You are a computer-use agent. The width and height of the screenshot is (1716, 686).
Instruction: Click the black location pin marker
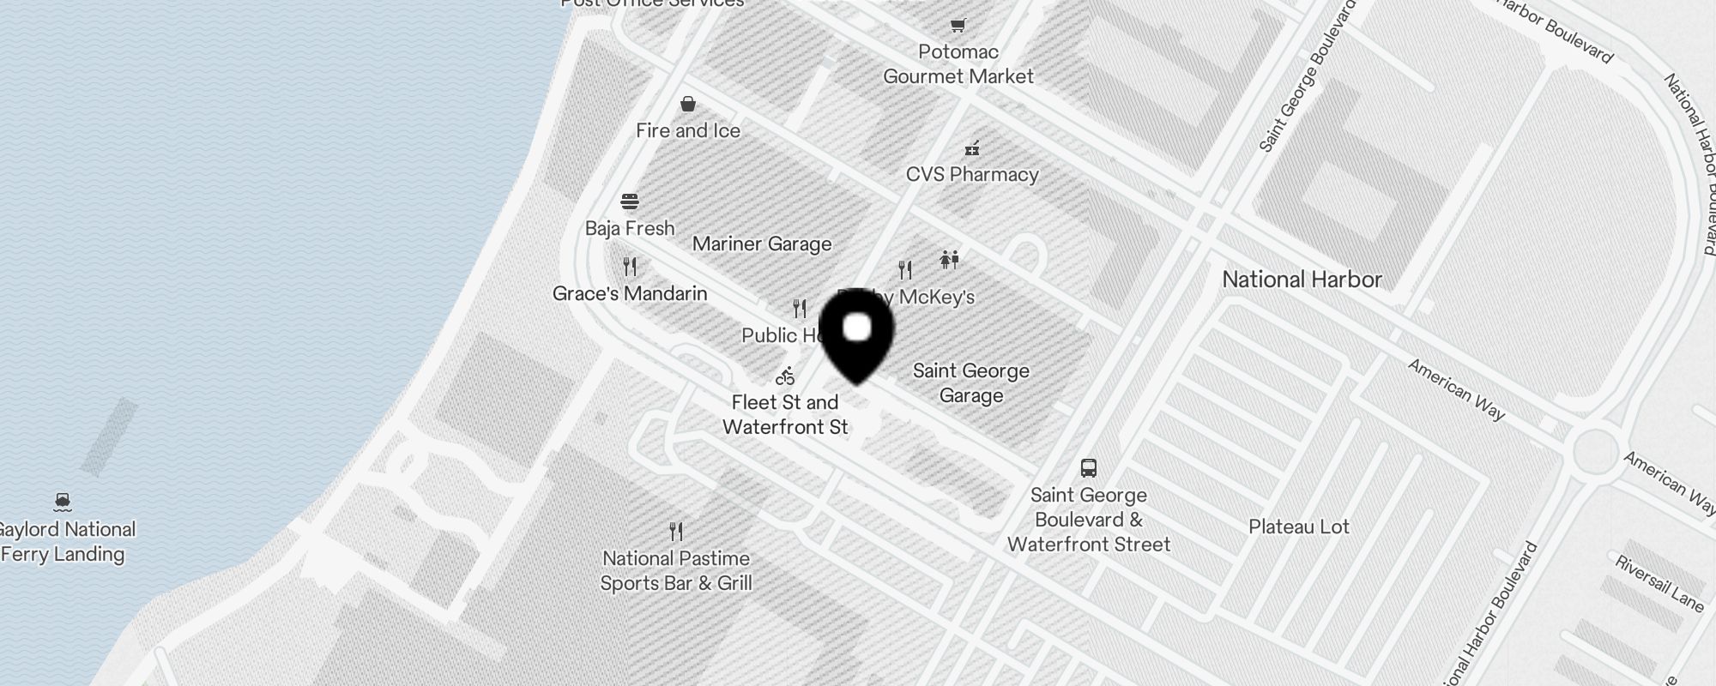tap(857, 335)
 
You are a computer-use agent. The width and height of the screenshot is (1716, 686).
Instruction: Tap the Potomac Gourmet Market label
tap(958, 64)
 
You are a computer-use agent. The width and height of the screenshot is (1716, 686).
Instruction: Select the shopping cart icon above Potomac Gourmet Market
tap(958, 25)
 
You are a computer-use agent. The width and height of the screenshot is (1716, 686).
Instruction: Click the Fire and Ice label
tap(688, 131)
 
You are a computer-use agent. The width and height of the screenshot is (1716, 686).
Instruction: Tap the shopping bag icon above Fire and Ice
tap(688, 105)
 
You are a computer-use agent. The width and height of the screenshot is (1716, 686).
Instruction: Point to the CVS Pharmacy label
tap(972, 175)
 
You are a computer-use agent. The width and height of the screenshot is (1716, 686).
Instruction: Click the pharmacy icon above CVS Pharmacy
tap(972, 148)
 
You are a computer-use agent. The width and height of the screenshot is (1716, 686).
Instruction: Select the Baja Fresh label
tap(630, 229)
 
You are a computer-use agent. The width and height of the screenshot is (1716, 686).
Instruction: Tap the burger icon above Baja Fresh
tap(630, 202)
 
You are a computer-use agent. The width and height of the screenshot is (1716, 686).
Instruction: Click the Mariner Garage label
tap(762, 244)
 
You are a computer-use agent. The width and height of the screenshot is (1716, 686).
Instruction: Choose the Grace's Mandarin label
tap(630, 294)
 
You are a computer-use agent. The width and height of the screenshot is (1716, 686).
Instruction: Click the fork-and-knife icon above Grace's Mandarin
tap(630, 267)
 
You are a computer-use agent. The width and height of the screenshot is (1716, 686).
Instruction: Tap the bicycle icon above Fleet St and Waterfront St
tap(785, 376)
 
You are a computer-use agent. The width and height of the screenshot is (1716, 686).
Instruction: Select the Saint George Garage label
tap(971, 383)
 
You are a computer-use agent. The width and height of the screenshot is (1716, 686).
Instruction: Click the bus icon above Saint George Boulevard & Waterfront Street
tap(1089, 468)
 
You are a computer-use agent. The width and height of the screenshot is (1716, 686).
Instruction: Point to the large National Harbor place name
tap(1302, 280)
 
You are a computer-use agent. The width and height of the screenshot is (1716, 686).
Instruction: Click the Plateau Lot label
tap(1299, 527)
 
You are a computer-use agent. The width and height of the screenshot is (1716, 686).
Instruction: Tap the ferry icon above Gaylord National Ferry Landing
tap(62, 502)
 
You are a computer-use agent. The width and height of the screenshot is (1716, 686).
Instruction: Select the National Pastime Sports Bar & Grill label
tap(676, 571)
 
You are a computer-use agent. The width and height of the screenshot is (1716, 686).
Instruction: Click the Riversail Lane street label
tap(1659, 584)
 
